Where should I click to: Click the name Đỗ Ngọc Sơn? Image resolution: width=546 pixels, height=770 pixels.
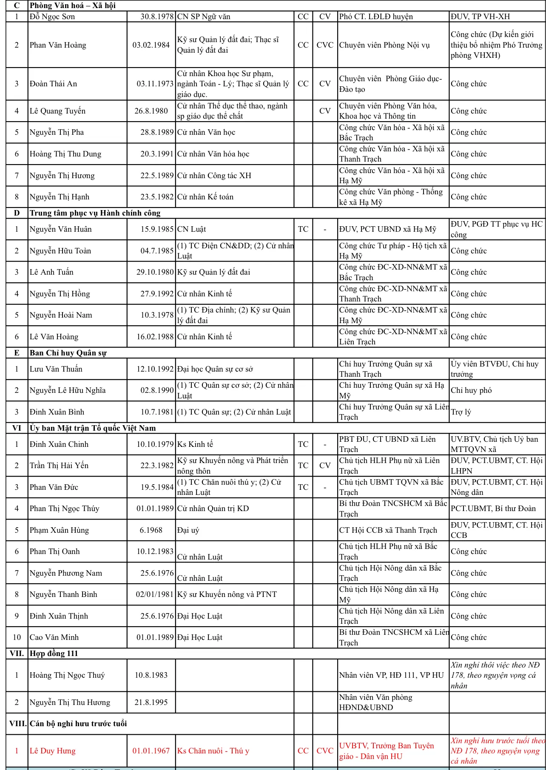52,17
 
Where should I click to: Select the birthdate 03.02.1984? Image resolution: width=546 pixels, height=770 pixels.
151,45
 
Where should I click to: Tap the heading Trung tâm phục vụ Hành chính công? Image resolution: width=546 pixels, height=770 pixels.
95,213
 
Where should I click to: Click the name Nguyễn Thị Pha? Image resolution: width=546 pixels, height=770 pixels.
57,132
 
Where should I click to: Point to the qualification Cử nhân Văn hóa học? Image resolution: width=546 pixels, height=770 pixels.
213,154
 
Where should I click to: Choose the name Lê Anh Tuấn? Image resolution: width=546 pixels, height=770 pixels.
51,272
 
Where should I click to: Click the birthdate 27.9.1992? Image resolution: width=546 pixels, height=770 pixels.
157,294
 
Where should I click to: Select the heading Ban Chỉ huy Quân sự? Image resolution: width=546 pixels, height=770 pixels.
68,353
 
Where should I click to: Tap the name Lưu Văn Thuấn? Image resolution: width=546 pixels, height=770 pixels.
56,369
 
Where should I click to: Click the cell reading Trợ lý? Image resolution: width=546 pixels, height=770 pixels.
461,412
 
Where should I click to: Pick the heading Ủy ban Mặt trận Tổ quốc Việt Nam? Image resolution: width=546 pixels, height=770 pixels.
93,428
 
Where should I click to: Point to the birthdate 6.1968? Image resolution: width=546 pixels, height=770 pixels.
151,530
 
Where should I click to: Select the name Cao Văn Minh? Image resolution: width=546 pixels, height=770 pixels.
54,637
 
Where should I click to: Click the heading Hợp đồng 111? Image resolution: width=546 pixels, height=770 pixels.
54,654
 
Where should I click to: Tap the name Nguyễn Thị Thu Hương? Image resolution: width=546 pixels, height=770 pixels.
70,702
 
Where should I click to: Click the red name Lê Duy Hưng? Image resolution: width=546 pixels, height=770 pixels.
52,751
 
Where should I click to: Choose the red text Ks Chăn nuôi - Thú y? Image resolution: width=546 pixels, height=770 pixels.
213,751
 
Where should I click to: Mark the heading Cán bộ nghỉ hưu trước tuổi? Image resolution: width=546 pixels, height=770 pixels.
78,724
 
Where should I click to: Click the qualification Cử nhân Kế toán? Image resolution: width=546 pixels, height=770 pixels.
205,197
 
